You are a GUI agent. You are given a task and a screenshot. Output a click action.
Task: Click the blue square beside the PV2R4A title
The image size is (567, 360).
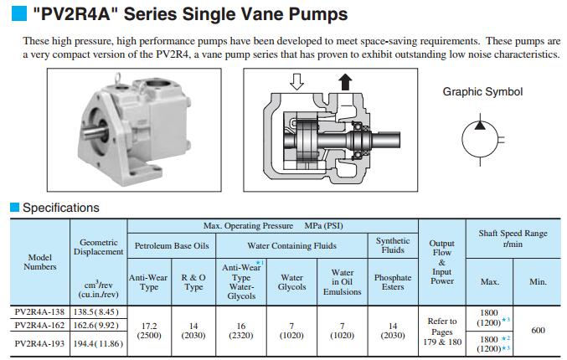[19, 13]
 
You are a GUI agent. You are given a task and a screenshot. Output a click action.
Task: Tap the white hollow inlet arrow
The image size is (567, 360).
[296, 82]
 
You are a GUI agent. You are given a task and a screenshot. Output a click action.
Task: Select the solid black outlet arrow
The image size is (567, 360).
[345, 82]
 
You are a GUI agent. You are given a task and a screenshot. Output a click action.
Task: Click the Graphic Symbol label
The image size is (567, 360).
[482, 92]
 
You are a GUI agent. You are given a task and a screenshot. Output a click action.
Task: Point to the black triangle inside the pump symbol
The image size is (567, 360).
[480, 126]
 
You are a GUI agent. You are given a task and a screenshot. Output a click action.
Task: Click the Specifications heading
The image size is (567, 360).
[61, 208]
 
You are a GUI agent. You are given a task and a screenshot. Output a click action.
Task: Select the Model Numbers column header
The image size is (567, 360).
[40, 262]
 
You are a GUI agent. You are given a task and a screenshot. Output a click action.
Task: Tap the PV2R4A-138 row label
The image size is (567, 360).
[39, 312]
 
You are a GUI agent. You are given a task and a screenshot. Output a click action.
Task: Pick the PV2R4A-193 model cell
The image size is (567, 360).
[39, 344]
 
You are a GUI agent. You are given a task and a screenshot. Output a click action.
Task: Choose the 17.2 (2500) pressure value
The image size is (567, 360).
[149, 331]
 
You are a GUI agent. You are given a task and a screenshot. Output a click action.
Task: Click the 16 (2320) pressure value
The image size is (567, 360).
[241, 331]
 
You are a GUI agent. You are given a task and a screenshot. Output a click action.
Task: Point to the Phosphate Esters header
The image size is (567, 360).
[393, 282]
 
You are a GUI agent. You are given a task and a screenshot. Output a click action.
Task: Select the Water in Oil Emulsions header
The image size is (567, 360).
[342, 282]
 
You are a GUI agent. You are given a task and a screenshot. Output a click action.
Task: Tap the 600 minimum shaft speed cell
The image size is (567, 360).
[538, 331]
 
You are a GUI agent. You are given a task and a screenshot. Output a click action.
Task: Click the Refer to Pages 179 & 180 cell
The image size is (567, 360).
[442, 332]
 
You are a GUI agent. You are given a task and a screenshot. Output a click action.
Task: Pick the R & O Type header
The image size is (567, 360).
[193, 282]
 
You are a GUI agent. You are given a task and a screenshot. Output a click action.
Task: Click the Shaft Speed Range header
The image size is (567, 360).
[513, 239]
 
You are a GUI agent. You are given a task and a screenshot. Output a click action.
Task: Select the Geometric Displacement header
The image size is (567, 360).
[98, 247]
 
